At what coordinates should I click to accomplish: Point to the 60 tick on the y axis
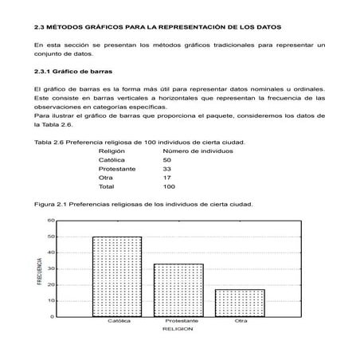[51, 220]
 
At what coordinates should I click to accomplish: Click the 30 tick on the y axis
[51, 268]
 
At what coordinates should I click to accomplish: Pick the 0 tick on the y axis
[53, 317]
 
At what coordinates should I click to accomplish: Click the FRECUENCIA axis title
[39, 272]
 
